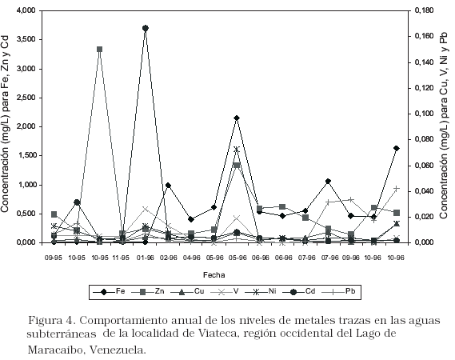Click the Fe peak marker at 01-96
(146, 28)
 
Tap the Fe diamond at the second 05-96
(237, 118)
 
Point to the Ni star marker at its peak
(237, 150)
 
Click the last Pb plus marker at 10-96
(397, 189)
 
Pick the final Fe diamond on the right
(397, 148)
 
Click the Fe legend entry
(109, 291)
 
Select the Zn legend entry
(148, 291)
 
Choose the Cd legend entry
(298, 291)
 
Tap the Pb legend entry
(338, 291)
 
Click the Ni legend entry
(261, 291)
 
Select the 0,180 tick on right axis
(425, 10)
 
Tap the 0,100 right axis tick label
(425, 114)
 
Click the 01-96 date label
(146, 258)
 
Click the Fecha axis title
(214, 275)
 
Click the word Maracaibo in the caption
(54, 350)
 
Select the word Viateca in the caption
(214, 333)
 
